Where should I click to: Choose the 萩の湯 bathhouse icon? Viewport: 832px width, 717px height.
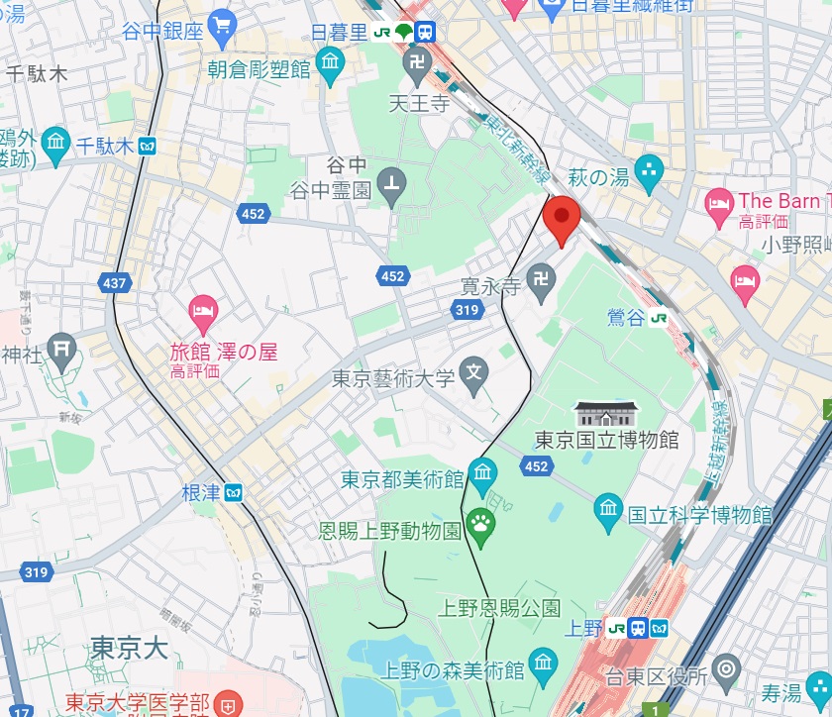(x=649, y=169)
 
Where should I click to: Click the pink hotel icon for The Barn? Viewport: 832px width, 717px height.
(x=719, y=204)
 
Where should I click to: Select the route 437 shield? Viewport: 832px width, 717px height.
(x=115, y=283)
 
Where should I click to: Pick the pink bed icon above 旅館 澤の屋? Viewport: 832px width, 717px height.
(x=204, y=312)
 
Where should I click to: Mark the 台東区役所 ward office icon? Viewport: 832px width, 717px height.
(x=727, y=668)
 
